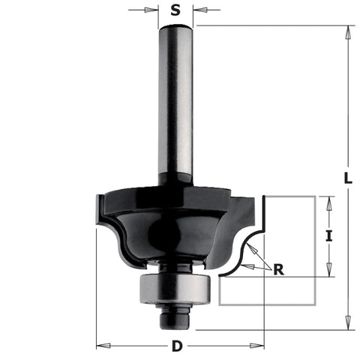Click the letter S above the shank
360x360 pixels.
pyautogui.click(x=175, y=10)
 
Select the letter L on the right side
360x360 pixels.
pyautogui.click(x=346, y=178)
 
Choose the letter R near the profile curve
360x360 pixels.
pyautogui.click(x=279, y=271)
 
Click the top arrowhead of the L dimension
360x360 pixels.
pyautogui.click(x=346, y=30)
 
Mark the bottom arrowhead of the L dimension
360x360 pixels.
pyautogui.click(x=346, y=325)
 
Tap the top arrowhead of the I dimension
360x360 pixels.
pyautogui.click(x=328, y=200)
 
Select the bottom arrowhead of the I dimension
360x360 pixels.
pyautogui.click(x=328, y=271)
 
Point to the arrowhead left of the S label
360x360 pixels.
pyautogui.click(x=154, y=10)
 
